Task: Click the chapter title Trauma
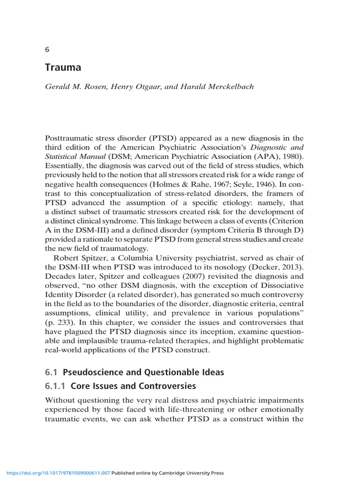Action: point(63,67)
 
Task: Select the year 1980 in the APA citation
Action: point(291,157)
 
